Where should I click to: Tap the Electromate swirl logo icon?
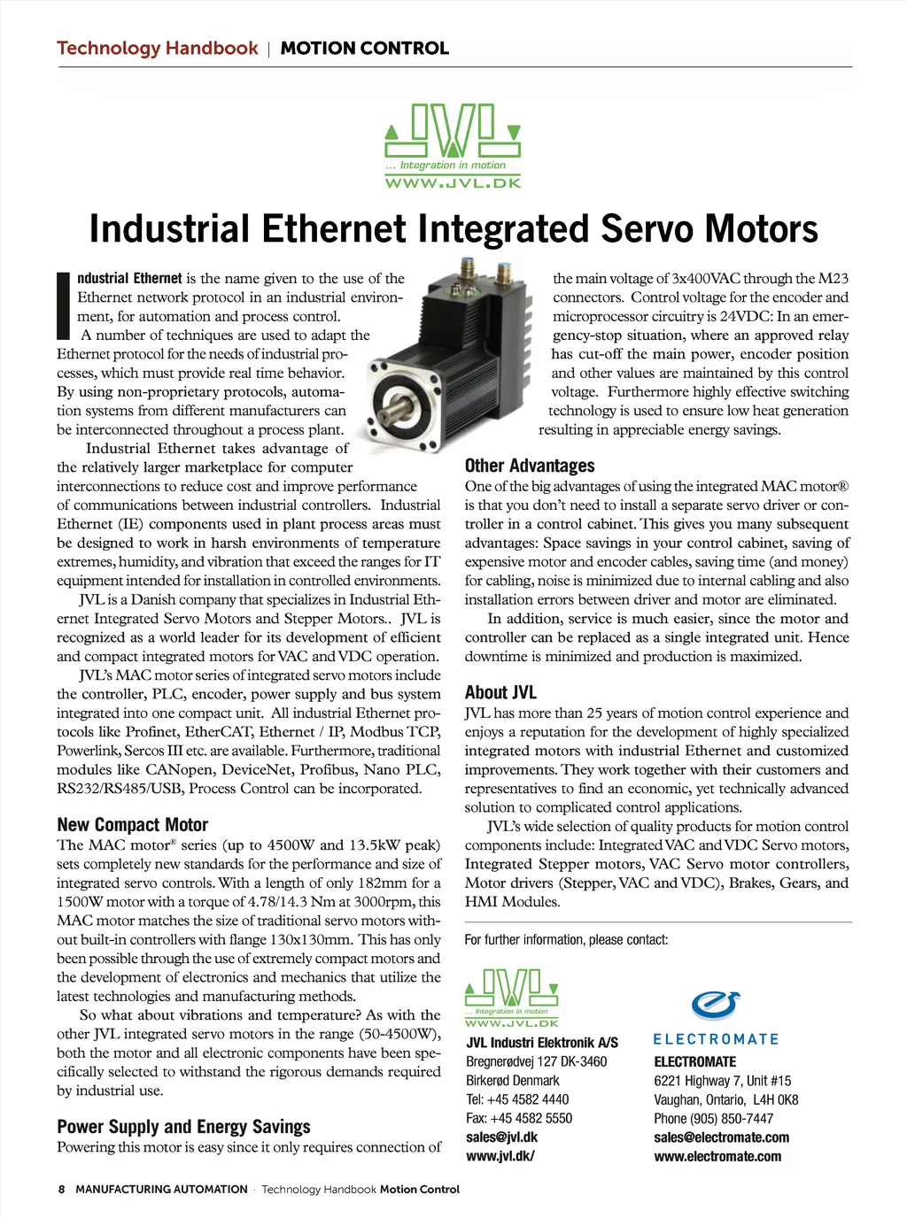pos(715,1006)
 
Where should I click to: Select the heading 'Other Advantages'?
pos(530,466)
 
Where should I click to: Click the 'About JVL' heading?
pos(500,692)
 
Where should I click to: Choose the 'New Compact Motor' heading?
pos(132,825)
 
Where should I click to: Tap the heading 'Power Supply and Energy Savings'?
pos(183,1127)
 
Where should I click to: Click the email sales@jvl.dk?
pos(501,1137)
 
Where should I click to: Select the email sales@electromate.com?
pos(721,1137)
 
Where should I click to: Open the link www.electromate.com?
pos(717,1156)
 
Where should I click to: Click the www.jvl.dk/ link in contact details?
pos(500,1156)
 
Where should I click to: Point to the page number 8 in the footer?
pos(61,1190)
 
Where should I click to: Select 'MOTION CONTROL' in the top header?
pos(364,49)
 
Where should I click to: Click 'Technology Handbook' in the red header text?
pos(158,49)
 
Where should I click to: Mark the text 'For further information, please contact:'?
pos(566,940)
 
